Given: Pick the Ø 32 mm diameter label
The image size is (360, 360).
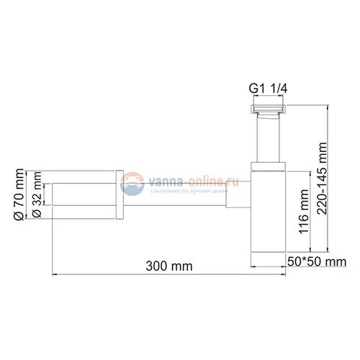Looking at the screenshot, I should (37, 198).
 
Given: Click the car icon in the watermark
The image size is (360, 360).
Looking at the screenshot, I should (132, 184).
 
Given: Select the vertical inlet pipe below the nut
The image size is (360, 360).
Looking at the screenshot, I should (268, 140).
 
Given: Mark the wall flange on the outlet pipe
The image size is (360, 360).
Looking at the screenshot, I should (120, 195).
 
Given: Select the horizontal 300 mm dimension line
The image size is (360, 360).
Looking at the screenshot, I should (155, 274).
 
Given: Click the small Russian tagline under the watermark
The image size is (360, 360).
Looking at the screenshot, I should (187, 191).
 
